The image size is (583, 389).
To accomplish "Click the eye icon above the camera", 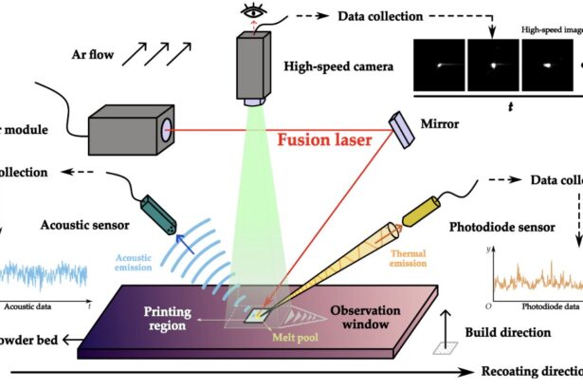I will click(x=254, y=12).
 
